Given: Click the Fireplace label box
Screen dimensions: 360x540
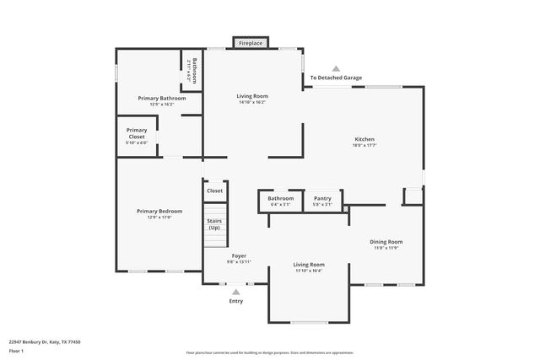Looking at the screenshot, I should [251, 43].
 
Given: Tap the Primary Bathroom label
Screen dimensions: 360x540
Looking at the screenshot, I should [161, 98].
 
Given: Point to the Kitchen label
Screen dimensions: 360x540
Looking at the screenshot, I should [364, 139].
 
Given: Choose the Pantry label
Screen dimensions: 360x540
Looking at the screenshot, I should [322, 199].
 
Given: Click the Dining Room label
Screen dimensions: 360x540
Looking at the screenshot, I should [386, 242].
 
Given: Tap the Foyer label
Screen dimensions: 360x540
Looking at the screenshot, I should [239, 255].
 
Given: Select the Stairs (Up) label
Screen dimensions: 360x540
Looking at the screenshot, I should [214, 224].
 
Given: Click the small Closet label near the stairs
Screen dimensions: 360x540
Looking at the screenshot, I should [215, 191].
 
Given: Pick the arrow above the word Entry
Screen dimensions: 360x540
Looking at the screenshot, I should [235, 292].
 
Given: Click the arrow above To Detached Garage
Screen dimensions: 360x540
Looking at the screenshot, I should [336, 68].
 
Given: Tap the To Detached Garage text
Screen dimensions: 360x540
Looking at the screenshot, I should [336, 78].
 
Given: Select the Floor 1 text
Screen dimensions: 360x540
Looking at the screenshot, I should [16, 352].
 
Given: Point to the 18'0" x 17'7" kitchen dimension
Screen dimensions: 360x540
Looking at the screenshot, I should [364, 145].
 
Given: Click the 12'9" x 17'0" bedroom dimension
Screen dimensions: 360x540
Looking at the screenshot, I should [159, 217].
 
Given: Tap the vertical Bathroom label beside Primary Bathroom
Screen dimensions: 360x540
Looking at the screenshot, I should [194, 69].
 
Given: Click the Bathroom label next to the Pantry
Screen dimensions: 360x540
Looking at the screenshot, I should [281, 199].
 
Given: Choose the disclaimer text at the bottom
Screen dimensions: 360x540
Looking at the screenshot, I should [270, 352].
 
